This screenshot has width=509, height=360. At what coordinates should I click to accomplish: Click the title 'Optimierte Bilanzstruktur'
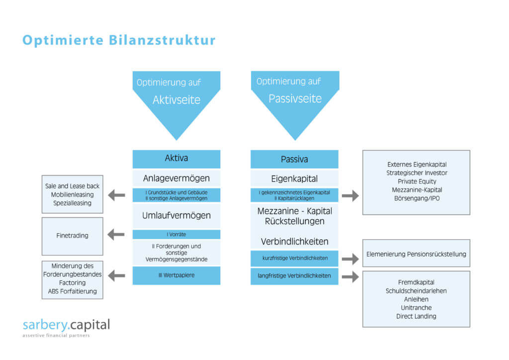tap(119, 40)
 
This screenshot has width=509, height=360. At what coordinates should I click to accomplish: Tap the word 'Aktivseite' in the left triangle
tap(176, 100)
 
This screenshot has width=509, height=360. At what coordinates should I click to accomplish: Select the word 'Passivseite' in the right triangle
tap(295, 98)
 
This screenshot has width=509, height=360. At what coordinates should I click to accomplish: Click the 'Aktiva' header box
tap(176, 159)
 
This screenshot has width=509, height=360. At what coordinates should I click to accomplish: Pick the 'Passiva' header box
tap(294, 159)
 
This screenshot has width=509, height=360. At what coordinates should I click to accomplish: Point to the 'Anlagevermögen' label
tap(176, 178)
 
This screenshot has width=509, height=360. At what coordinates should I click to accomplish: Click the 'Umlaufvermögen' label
tap(176, 216)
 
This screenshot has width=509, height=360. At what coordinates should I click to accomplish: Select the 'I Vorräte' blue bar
tap(176, 234)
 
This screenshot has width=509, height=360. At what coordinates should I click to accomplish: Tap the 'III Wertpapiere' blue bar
tap(176, 275)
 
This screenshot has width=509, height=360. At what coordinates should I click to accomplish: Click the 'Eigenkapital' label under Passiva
tap(294, 178)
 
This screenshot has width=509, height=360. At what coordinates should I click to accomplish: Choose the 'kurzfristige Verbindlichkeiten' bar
tap(294, 258)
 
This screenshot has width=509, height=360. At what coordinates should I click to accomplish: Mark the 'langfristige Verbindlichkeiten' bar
tap(294, 276)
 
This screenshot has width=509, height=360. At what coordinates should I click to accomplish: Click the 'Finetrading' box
tap(72, 236)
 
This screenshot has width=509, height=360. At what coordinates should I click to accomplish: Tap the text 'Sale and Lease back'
tap(72, 186)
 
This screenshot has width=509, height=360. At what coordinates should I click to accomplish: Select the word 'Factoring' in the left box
tap(72, 282)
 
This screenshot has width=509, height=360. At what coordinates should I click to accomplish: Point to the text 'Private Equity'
tap(417, 181)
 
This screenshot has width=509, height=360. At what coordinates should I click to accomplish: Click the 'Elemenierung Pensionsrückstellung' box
tap(416, 254)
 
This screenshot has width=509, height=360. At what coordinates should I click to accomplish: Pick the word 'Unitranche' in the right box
tap(417, 308)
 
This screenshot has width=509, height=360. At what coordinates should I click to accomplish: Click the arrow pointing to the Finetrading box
tap(116, 234)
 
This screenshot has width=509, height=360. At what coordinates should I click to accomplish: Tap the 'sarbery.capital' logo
tap(66, 326)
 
